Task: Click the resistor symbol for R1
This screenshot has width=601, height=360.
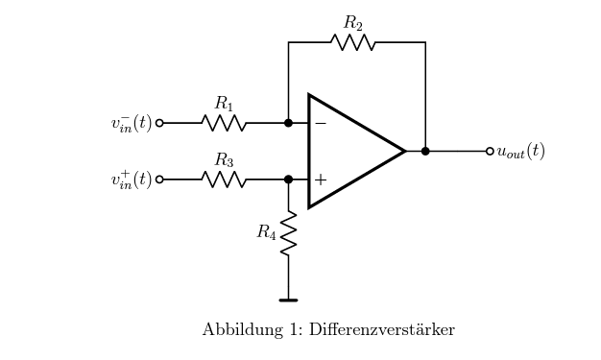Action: [x=224, y=123]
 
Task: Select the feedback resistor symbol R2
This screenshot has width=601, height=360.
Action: [x=353, y=42]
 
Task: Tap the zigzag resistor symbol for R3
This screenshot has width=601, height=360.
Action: [x=224, y=180]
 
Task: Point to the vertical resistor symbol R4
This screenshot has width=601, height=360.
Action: [x=288, y=233]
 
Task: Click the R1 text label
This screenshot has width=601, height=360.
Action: [x=224, y=104]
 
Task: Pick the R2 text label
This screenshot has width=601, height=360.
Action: [x=353, y=23]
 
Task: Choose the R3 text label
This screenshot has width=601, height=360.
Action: [x=224, y=160]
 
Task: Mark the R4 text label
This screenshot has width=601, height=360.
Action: [x=266, y=232]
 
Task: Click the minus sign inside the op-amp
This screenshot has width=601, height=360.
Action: [x=320, y=124]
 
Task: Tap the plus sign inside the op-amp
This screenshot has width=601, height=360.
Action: [x=320, y=180]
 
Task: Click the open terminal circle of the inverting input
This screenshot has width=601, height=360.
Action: [x=159, y=123]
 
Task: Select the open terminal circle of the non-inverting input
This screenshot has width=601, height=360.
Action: [x=159, y=180]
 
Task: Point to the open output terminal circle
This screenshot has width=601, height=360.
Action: [x=490, y=151]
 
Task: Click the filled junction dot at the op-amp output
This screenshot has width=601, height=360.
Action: [x=425, y=151]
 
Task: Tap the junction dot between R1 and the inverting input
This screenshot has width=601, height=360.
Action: [x=288, y=123]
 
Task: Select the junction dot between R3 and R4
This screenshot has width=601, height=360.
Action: [x=288, y=180]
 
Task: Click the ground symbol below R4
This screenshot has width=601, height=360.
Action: [x=288, y=300]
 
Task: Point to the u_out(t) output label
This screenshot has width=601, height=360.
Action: [x=520, y=152]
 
